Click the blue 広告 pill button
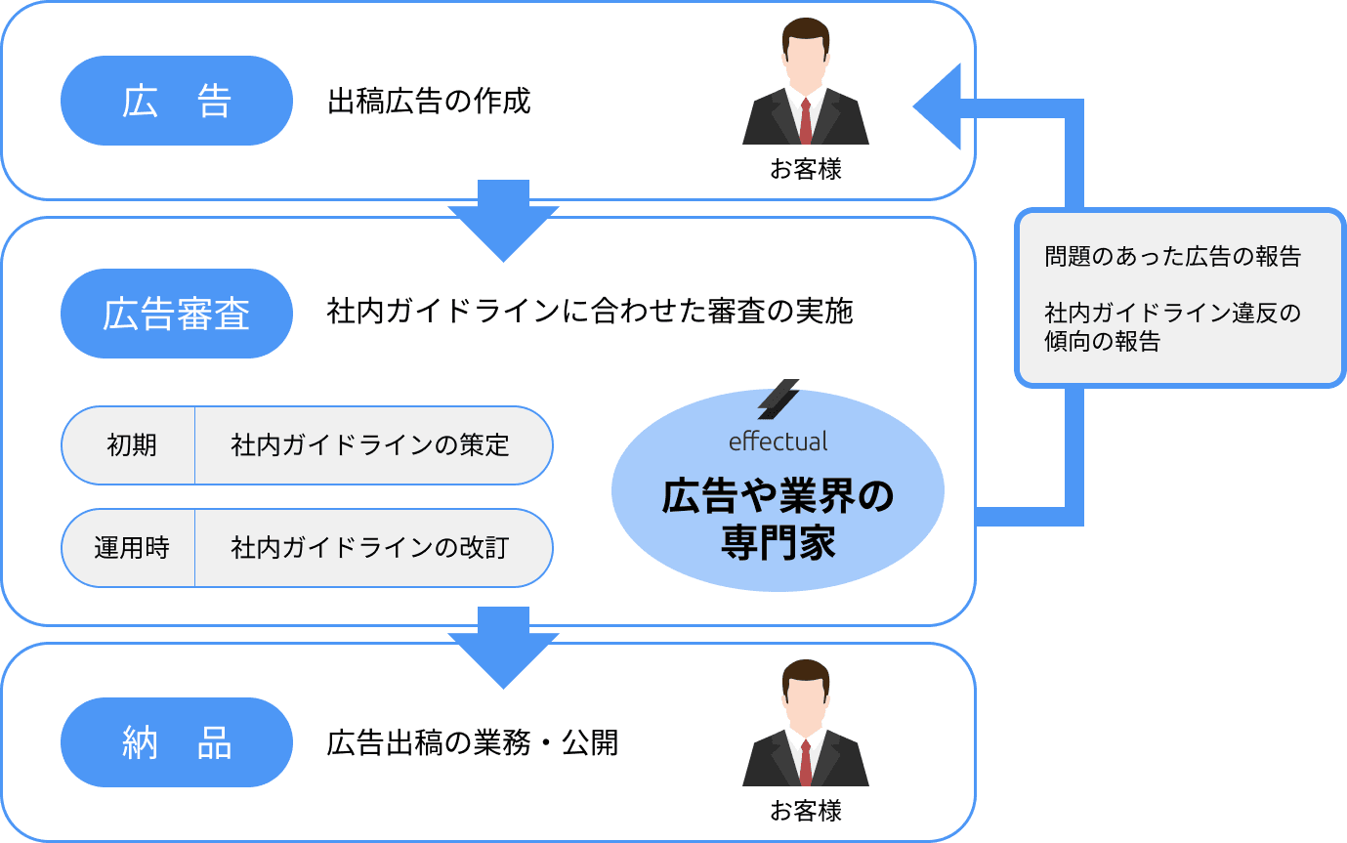pos(177,101)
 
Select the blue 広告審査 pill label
pos(177,313)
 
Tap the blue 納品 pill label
pos(177,742)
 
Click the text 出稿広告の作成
pos(429,101)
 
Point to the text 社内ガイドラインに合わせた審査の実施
pos(590,313)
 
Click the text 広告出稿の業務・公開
pos(473,742)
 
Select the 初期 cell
pos(131,445)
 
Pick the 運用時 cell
pos(131,548)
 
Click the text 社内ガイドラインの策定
pos(370,445)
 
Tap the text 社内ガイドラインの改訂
pos(370,548)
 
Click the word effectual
pos(778,442)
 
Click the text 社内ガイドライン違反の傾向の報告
pos(1172,327)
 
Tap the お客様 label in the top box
pos(805,169)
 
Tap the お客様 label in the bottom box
pos(805,811)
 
